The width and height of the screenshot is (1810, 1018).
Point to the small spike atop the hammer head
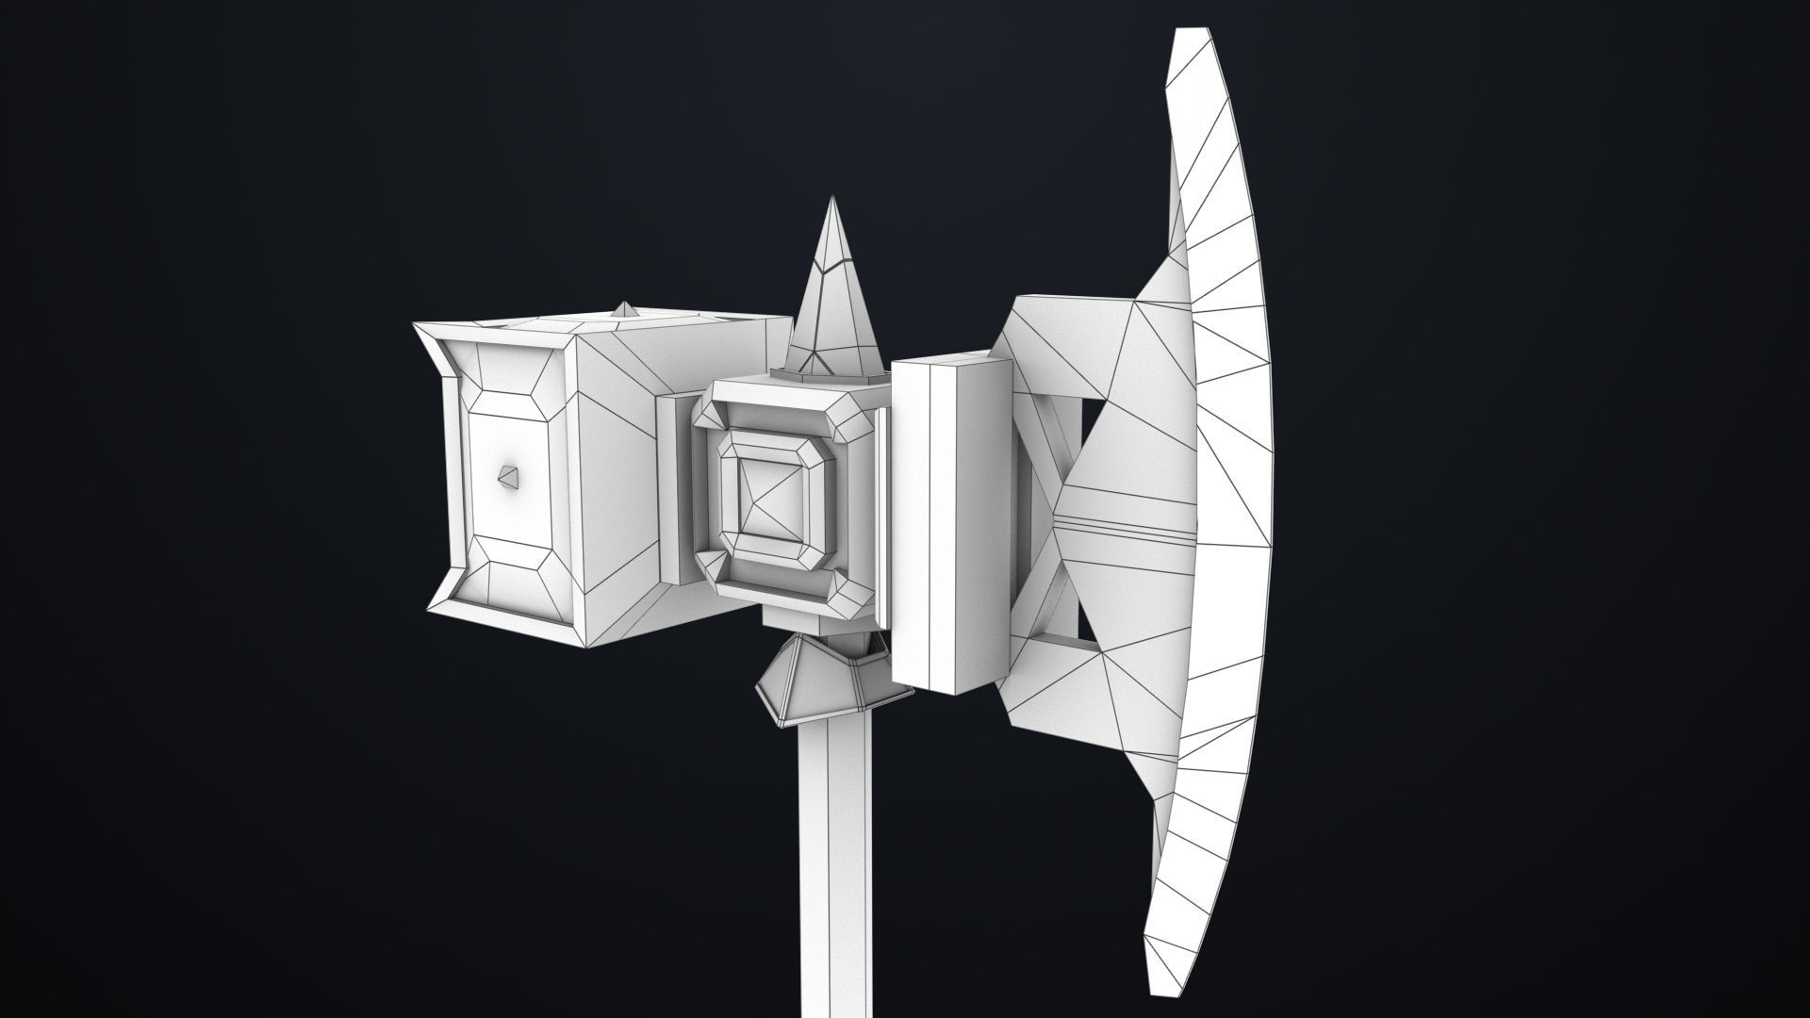[624, 308]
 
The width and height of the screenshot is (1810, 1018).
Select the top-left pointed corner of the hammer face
[417, 326]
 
